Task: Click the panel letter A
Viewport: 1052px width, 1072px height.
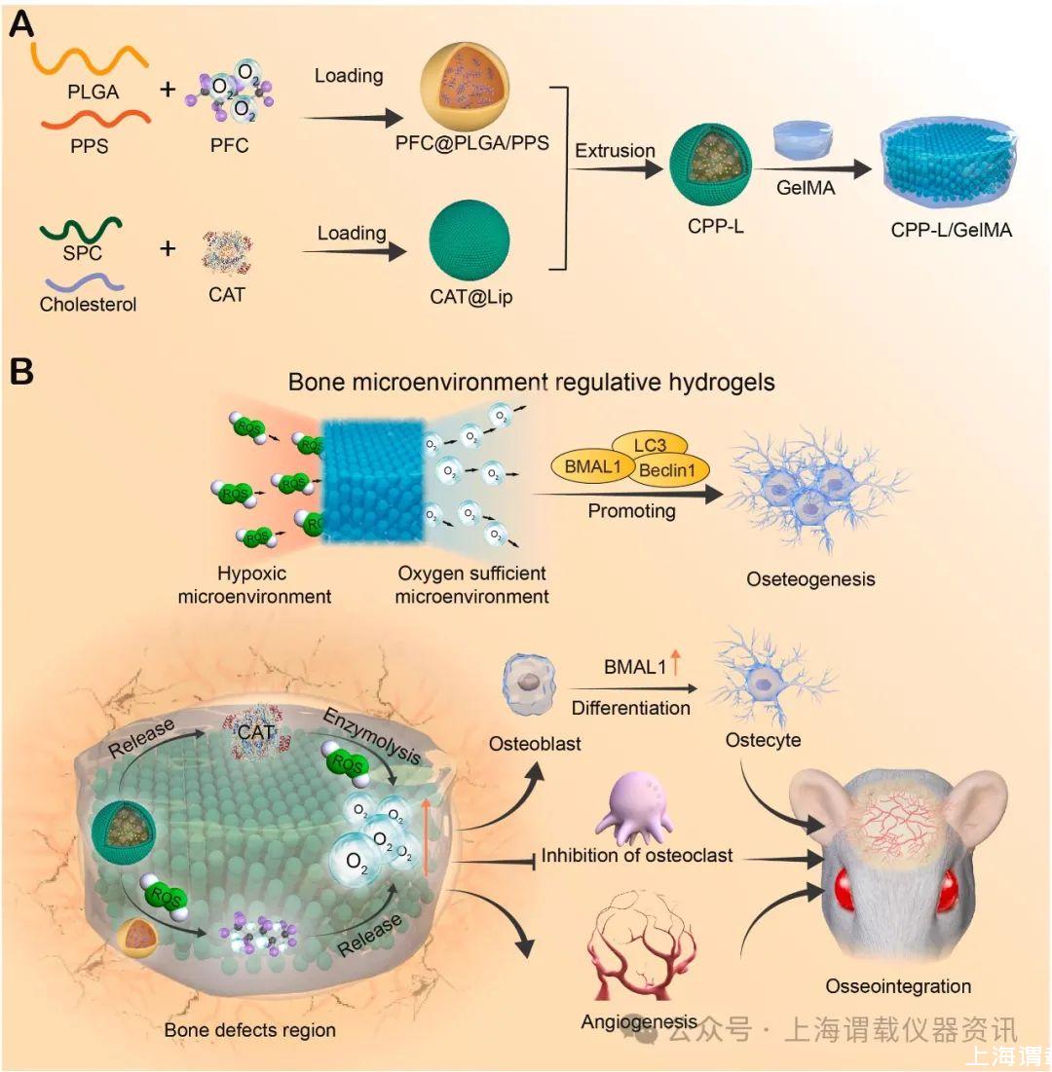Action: coord(22,23)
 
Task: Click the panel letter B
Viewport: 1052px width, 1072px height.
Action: coord(21,373)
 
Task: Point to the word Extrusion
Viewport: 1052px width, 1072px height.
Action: coord(614,151)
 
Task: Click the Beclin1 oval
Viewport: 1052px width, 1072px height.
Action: coord(670,472)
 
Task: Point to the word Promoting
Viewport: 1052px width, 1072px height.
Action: coord(631,510)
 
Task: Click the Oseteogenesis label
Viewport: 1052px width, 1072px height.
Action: coord(810,579)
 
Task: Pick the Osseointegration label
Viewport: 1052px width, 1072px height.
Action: coord(898,986)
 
